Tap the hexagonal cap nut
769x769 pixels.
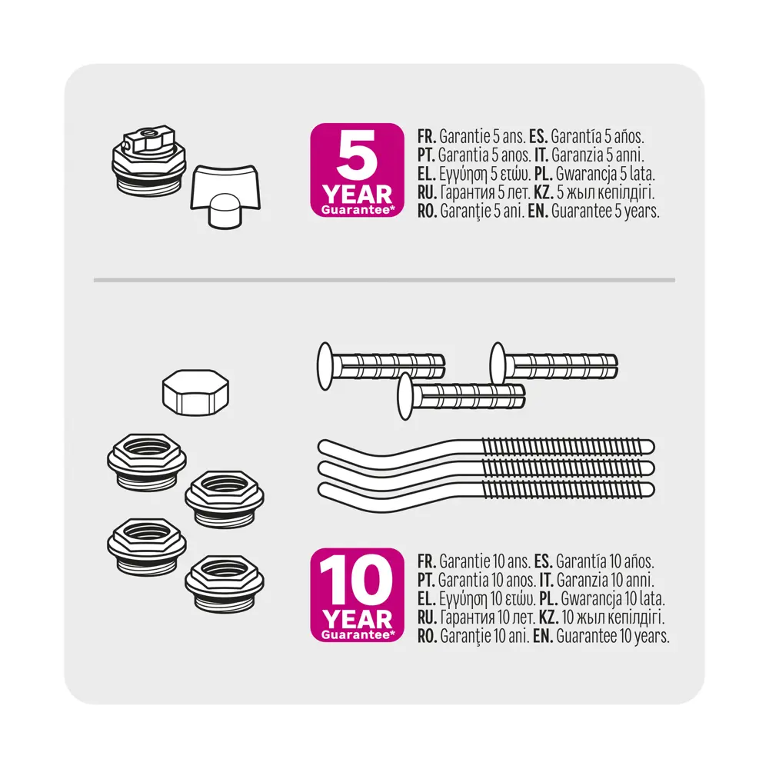tap(196, 392)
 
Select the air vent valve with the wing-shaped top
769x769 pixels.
tap(149, 159)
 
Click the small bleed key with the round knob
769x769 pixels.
tap(225, 195)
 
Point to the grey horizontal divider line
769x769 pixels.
tap(384, 280)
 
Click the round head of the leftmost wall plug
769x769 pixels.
tap(325, 366)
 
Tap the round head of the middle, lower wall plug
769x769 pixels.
tap(405, 396)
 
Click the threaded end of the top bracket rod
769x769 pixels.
tap(569, 448)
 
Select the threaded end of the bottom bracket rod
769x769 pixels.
tap(569, 489)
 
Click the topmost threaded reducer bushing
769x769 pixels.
tap(147, 461)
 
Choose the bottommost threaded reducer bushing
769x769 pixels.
tap(225, 584)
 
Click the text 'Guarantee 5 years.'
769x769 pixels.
tap(605, 211)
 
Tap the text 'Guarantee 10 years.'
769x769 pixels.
tap(613, 637)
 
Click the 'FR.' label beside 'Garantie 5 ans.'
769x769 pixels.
tap(427, 136)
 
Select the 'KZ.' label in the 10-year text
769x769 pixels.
tap(549, 617)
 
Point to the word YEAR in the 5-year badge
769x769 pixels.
tap(357, 195)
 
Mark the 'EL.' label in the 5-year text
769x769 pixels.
tap(427, 174)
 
